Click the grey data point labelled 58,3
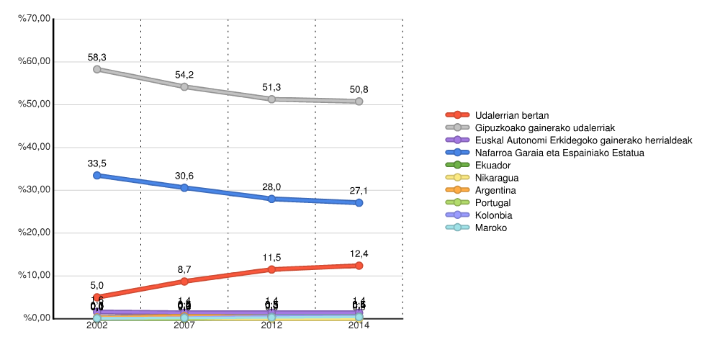[x=97, y=69]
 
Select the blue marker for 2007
[x=184, y=187]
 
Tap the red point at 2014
[x=359, y=266]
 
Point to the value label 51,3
[x=271, y=87]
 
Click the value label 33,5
[x=97, y=163]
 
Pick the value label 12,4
[x=359, y=254]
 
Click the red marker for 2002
[x=97, y=297]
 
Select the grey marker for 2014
[x=359, y=102]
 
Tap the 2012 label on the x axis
[x=271, y=326]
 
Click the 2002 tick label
[x=97, y=326]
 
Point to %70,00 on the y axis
[x=35, y=19]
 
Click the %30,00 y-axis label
[x=35, y=190]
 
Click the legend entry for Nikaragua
[x=497, y=178]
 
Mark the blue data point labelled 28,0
[x=271, y=199]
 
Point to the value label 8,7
[x=184, y=270]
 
